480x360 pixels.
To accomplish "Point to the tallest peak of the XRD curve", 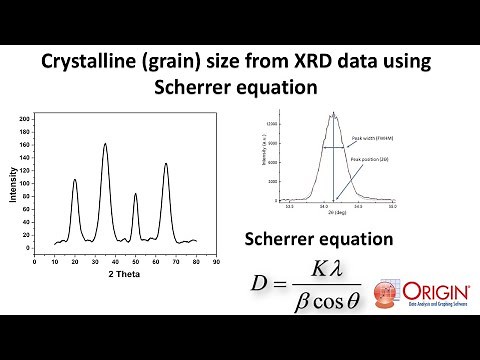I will [x=105, y=144].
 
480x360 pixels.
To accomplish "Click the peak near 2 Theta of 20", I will [x=75, y=180].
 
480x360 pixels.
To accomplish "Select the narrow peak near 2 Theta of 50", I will [x=136, y=194].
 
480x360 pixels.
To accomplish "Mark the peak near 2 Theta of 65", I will [x=166, y=163].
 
